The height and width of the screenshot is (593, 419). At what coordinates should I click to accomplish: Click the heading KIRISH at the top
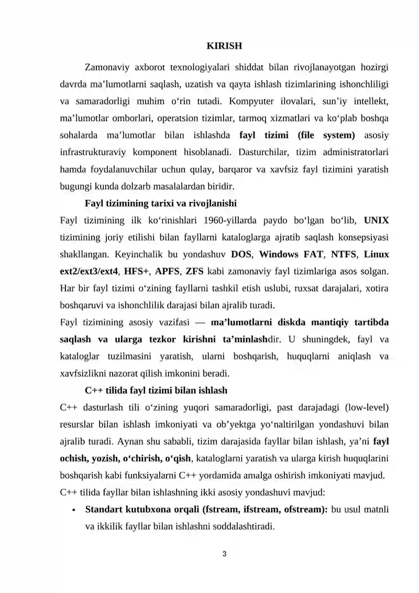[224, 46]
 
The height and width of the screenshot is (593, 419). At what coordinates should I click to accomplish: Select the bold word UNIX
[376, 220]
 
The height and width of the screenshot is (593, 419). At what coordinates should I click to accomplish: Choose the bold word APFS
[166, 271]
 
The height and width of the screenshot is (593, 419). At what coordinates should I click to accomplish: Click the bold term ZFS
[195, 271]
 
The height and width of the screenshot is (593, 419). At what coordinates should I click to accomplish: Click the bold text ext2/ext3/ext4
[89, 271]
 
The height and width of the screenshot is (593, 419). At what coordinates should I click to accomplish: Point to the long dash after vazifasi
[197, 322]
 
